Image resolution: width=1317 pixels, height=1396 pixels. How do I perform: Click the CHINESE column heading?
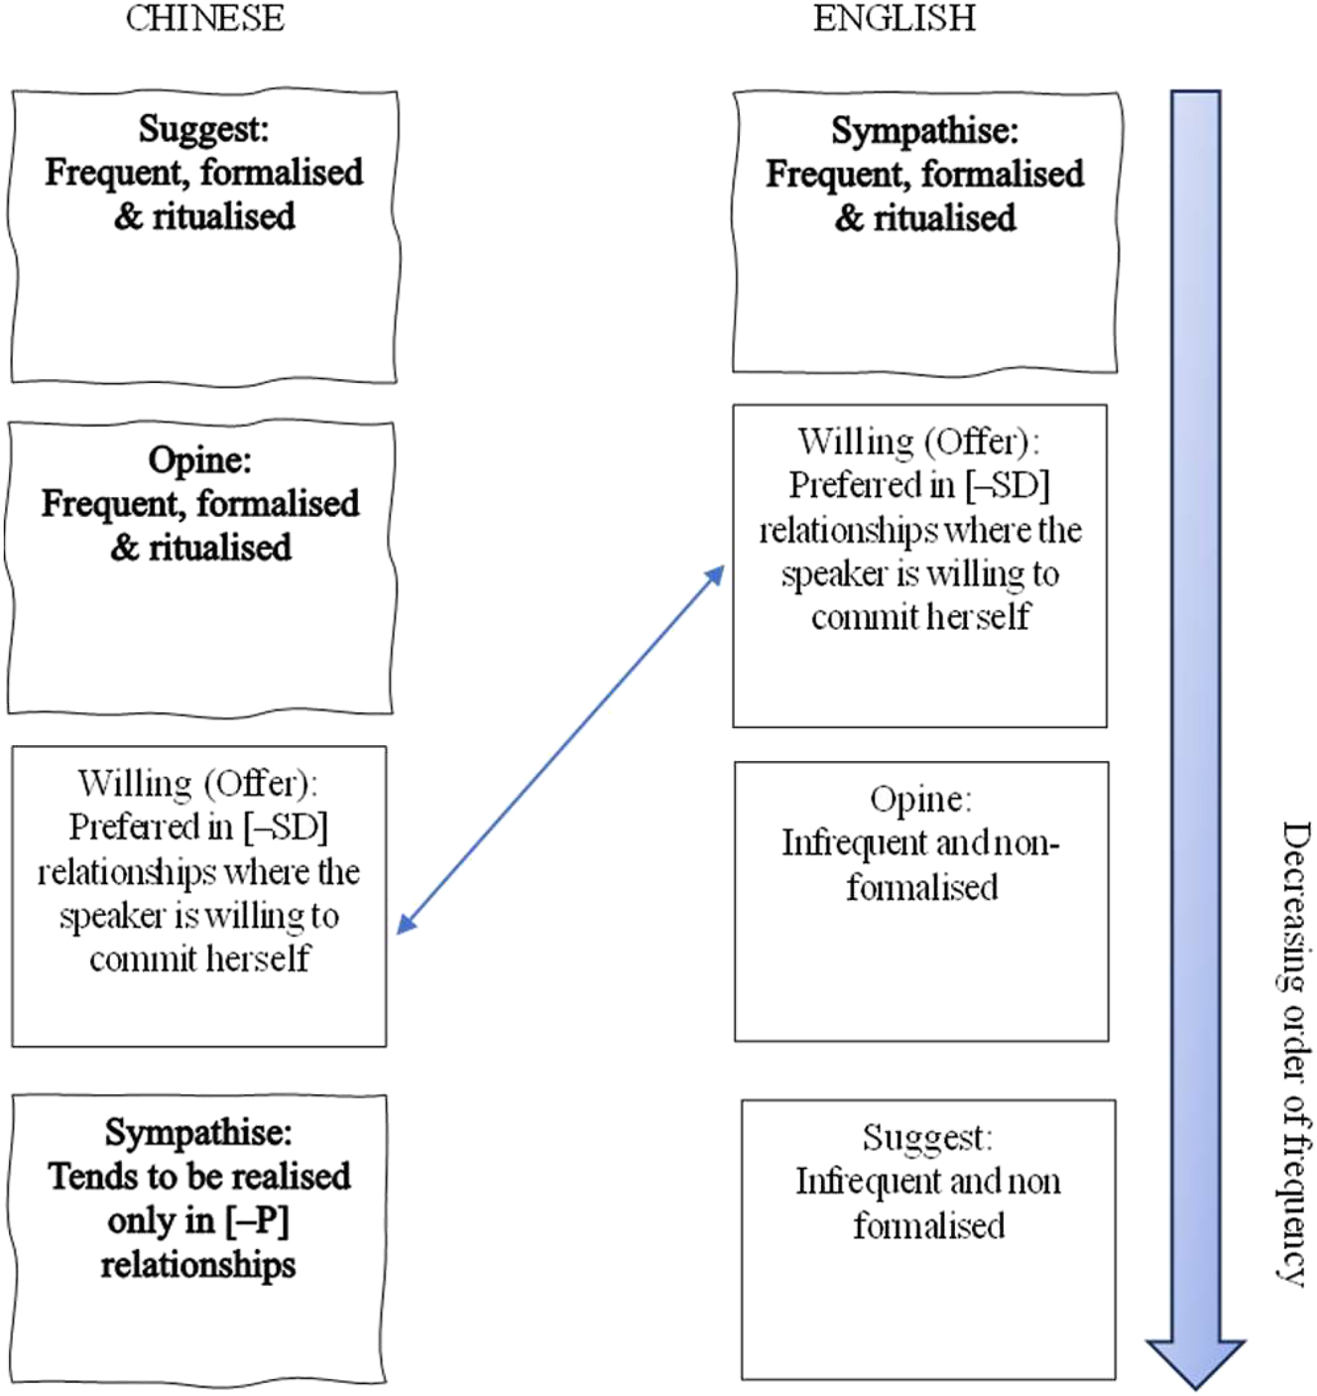204,19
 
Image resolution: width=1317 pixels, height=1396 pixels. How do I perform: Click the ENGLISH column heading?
894,19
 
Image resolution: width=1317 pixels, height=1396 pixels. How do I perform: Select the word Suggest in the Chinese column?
201,129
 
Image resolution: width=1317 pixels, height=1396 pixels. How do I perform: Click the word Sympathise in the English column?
921,131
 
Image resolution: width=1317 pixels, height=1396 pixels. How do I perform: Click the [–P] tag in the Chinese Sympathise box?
257,1220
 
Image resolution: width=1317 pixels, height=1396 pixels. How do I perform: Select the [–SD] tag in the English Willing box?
1007,485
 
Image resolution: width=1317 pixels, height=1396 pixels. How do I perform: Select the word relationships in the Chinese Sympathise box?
197,1265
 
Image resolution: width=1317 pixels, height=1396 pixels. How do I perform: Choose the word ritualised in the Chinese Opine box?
219,548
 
